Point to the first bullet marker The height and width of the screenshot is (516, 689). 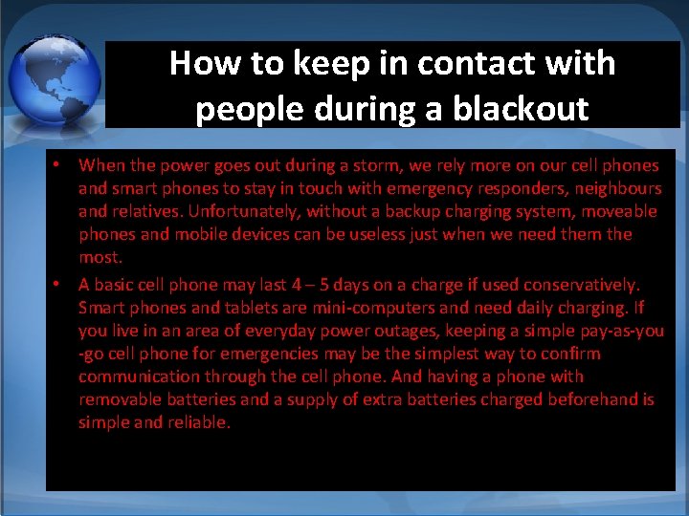click(x=57, y=165)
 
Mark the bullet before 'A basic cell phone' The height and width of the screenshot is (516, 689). click(x=57, y=284)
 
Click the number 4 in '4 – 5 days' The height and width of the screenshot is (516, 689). click(x=297, y=284)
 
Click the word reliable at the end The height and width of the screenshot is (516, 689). click(x=200, y=422)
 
